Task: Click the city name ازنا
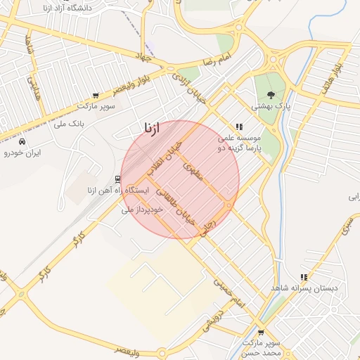coord(152,128)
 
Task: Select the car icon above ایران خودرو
coord(22,141)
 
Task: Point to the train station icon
coord(117,179)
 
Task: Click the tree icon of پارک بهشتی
coord(271,96)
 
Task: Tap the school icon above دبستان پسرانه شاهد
coord(304,277)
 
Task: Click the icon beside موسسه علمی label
coord(239,127)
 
